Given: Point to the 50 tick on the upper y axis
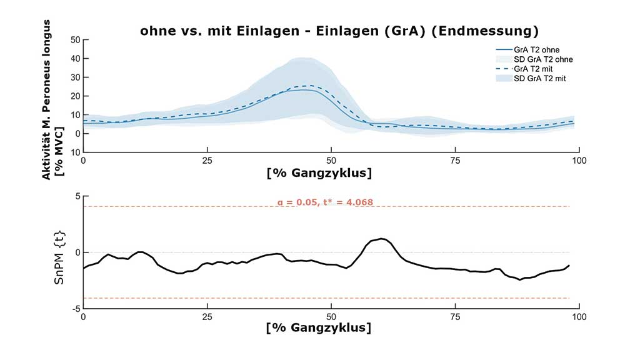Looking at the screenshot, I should [76, 40].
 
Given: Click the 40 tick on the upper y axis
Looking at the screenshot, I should [76, 59].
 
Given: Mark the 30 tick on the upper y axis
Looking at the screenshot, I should [76, 77].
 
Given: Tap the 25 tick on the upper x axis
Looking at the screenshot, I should [207, 160].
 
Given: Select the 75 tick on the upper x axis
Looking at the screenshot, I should [456, 160].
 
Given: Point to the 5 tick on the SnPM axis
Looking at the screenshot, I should [77, 196].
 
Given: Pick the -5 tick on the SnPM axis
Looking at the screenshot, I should [76, 309].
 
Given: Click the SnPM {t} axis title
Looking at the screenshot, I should [59, 252].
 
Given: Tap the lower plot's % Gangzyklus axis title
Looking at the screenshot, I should [319, 327].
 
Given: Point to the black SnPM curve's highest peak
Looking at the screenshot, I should [382, 239].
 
